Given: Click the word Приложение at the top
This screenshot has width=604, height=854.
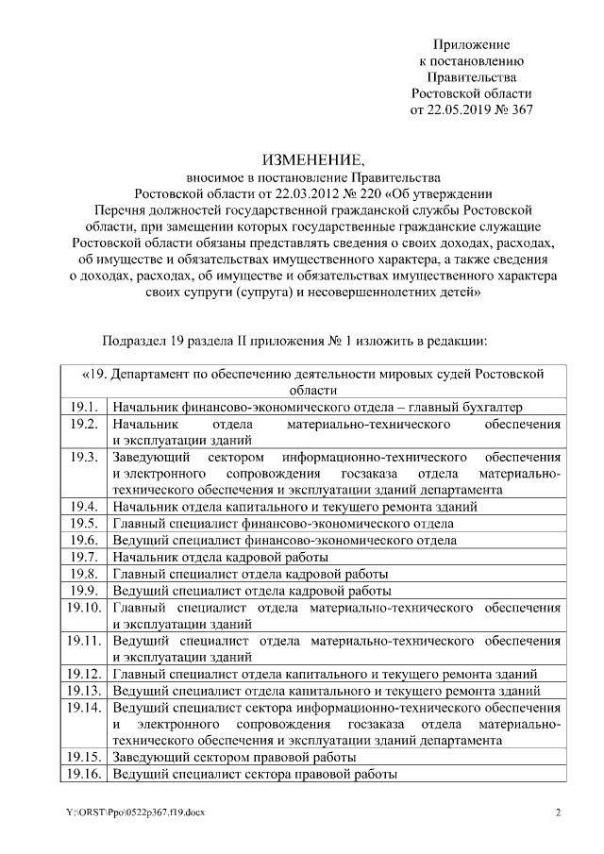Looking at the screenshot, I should tap(471, 44).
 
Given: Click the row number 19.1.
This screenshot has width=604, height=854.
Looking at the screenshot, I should tap(83, 406).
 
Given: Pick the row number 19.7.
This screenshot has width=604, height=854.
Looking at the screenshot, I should tap(83, 557).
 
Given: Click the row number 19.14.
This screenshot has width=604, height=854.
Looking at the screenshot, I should tap(84, 707).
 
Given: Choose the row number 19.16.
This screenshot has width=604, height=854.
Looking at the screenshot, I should tap(84, 774).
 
